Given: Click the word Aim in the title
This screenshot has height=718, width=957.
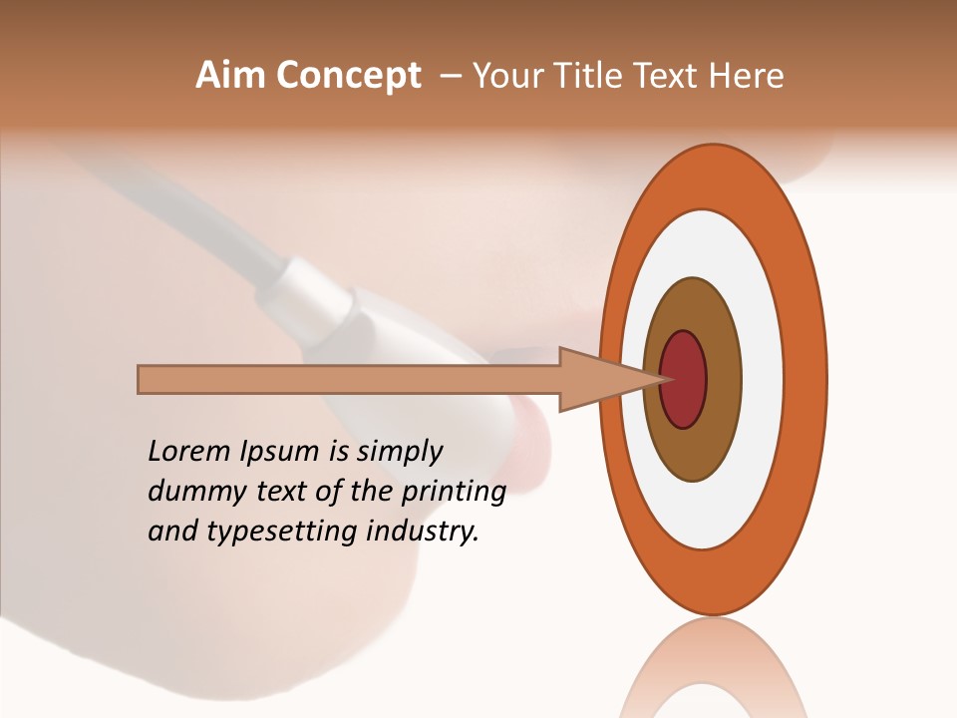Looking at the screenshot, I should pos(229,76).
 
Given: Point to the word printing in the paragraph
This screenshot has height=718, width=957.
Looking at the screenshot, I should pos(453,493).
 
